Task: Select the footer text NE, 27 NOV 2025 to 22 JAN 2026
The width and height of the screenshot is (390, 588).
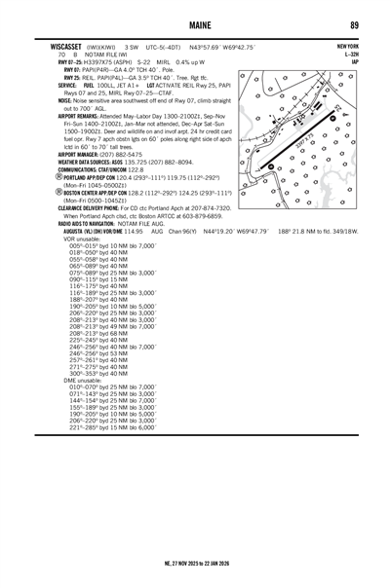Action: coord(195,563)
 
